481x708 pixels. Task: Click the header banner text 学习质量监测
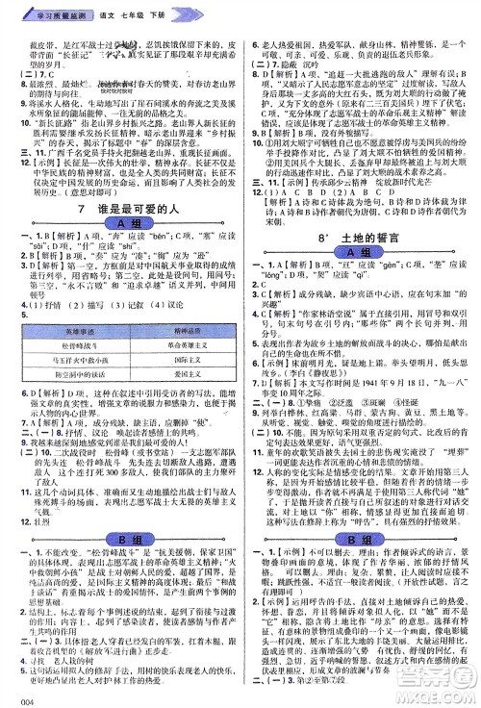[x=42, y=9]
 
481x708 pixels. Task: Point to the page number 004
[x=13, y=697]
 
